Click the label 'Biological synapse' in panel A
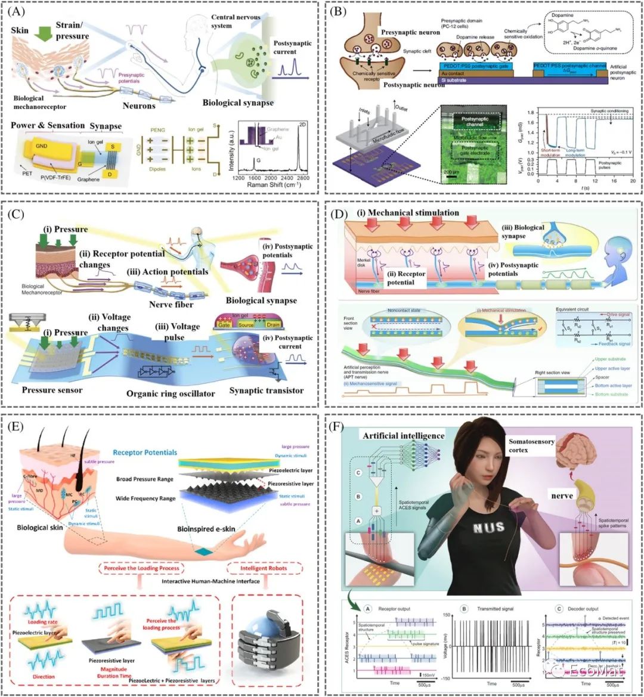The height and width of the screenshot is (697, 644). [x=238, y=103]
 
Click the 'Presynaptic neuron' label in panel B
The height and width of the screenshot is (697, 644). [x=411, y=32]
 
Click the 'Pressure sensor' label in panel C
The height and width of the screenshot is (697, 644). [x=52, y=390]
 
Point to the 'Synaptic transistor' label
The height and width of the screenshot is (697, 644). [x=267, y=391]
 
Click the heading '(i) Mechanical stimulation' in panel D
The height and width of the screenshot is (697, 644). [x=408, y=213]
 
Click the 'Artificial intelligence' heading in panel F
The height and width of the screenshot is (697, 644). [x=403, y=436]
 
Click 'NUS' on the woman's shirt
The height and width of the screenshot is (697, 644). [x=488, y=527]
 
